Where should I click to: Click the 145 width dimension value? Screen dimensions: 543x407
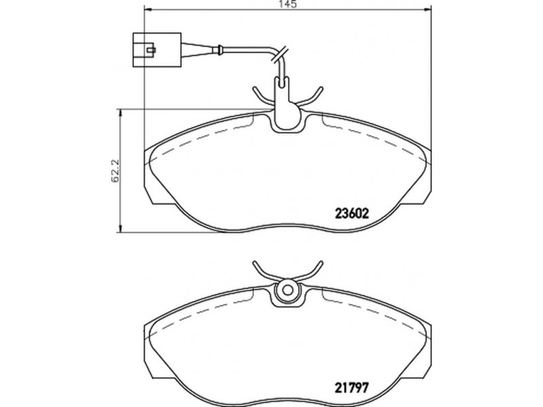click(286, 4)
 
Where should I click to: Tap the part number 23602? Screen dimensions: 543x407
click(351, 214)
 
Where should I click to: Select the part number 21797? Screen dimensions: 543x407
click(351, 386)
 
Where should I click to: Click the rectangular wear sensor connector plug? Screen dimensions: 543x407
click(157, 50)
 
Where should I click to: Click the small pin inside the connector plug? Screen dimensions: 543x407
click(151, 50)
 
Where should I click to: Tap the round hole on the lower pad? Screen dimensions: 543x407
click(286, 290)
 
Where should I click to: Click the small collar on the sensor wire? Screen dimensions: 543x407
click(219, 50)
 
